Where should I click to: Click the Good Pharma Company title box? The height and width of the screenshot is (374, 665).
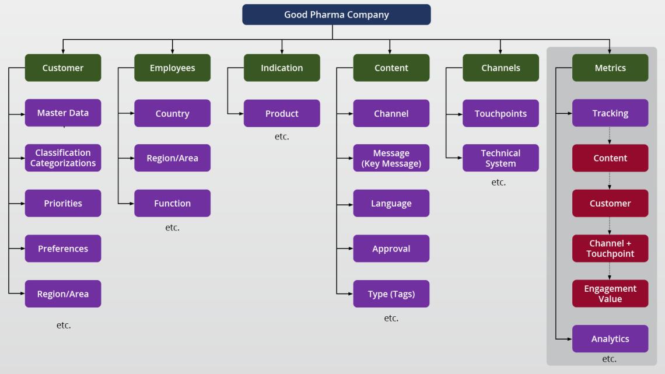point(336,15)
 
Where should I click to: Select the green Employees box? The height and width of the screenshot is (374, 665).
point(172,68)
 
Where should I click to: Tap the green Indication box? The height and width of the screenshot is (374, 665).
point(282,68)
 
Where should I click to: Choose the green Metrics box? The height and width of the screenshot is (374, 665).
point(610,68)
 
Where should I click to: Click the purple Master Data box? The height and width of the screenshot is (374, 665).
point(63,113)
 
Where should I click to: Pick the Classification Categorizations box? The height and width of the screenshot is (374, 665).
point(63,158)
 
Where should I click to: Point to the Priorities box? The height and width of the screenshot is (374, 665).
point(63,203)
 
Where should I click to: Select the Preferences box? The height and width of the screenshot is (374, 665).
point(63,249)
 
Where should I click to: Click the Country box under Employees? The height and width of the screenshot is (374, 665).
point(172,113)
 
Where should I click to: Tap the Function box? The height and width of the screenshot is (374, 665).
point(172,203)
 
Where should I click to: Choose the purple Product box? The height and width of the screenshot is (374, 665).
point(282,113)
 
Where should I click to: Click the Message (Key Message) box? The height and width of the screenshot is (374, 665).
point(391,158)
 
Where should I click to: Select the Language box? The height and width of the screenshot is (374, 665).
point(391,203)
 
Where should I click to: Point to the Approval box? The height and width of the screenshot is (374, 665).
point(391,249)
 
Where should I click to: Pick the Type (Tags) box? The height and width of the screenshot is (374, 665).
point(391,294)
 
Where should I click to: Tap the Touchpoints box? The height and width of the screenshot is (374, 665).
point(501,113)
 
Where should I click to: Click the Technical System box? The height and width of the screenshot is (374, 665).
point(501,158)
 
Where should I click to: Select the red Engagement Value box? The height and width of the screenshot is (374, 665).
point(610,294)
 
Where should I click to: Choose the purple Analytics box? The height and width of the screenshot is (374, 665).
point(610,339)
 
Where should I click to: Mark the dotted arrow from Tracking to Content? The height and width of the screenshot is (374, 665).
point(610,135)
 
